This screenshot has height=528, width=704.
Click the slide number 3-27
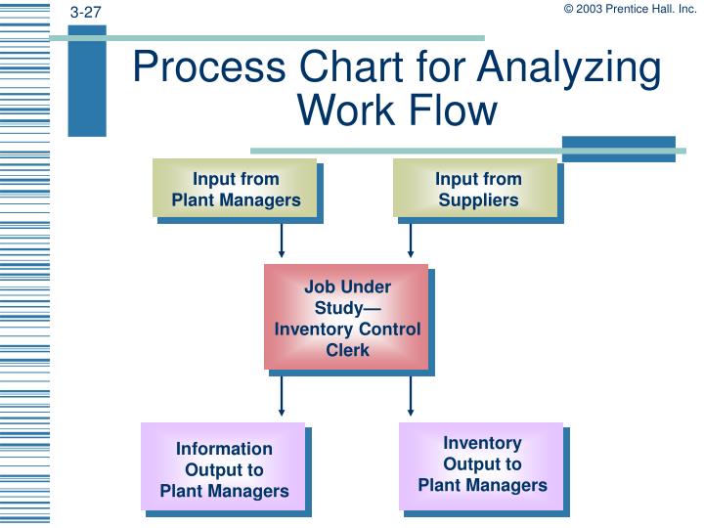tap(86, 12)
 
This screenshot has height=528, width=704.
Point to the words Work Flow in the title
tap(399, 110)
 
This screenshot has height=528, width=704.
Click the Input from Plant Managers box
tap(236, 189)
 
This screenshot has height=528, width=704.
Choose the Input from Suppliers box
tap(477, 189)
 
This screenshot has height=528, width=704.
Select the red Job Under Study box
tap(347, 317)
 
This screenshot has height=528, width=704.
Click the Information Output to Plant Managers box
tap(224, 468)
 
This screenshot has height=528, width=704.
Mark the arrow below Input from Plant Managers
tap(282, 241)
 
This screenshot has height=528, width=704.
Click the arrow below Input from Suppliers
tap(411, 241)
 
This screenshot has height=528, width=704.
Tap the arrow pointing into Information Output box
tap(282, 395)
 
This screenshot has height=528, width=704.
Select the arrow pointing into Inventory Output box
tap(411, 395)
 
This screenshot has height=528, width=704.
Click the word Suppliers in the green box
tap(478, 199)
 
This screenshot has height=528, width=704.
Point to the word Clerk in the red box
tap(347, 349)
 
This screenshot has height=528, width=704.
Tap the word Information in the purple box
tap(224, 449)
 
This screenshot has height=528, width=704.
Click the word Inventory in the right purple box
tap(482, 443)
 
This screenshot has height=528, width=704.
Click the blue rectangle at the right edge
tap(618, 148)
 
